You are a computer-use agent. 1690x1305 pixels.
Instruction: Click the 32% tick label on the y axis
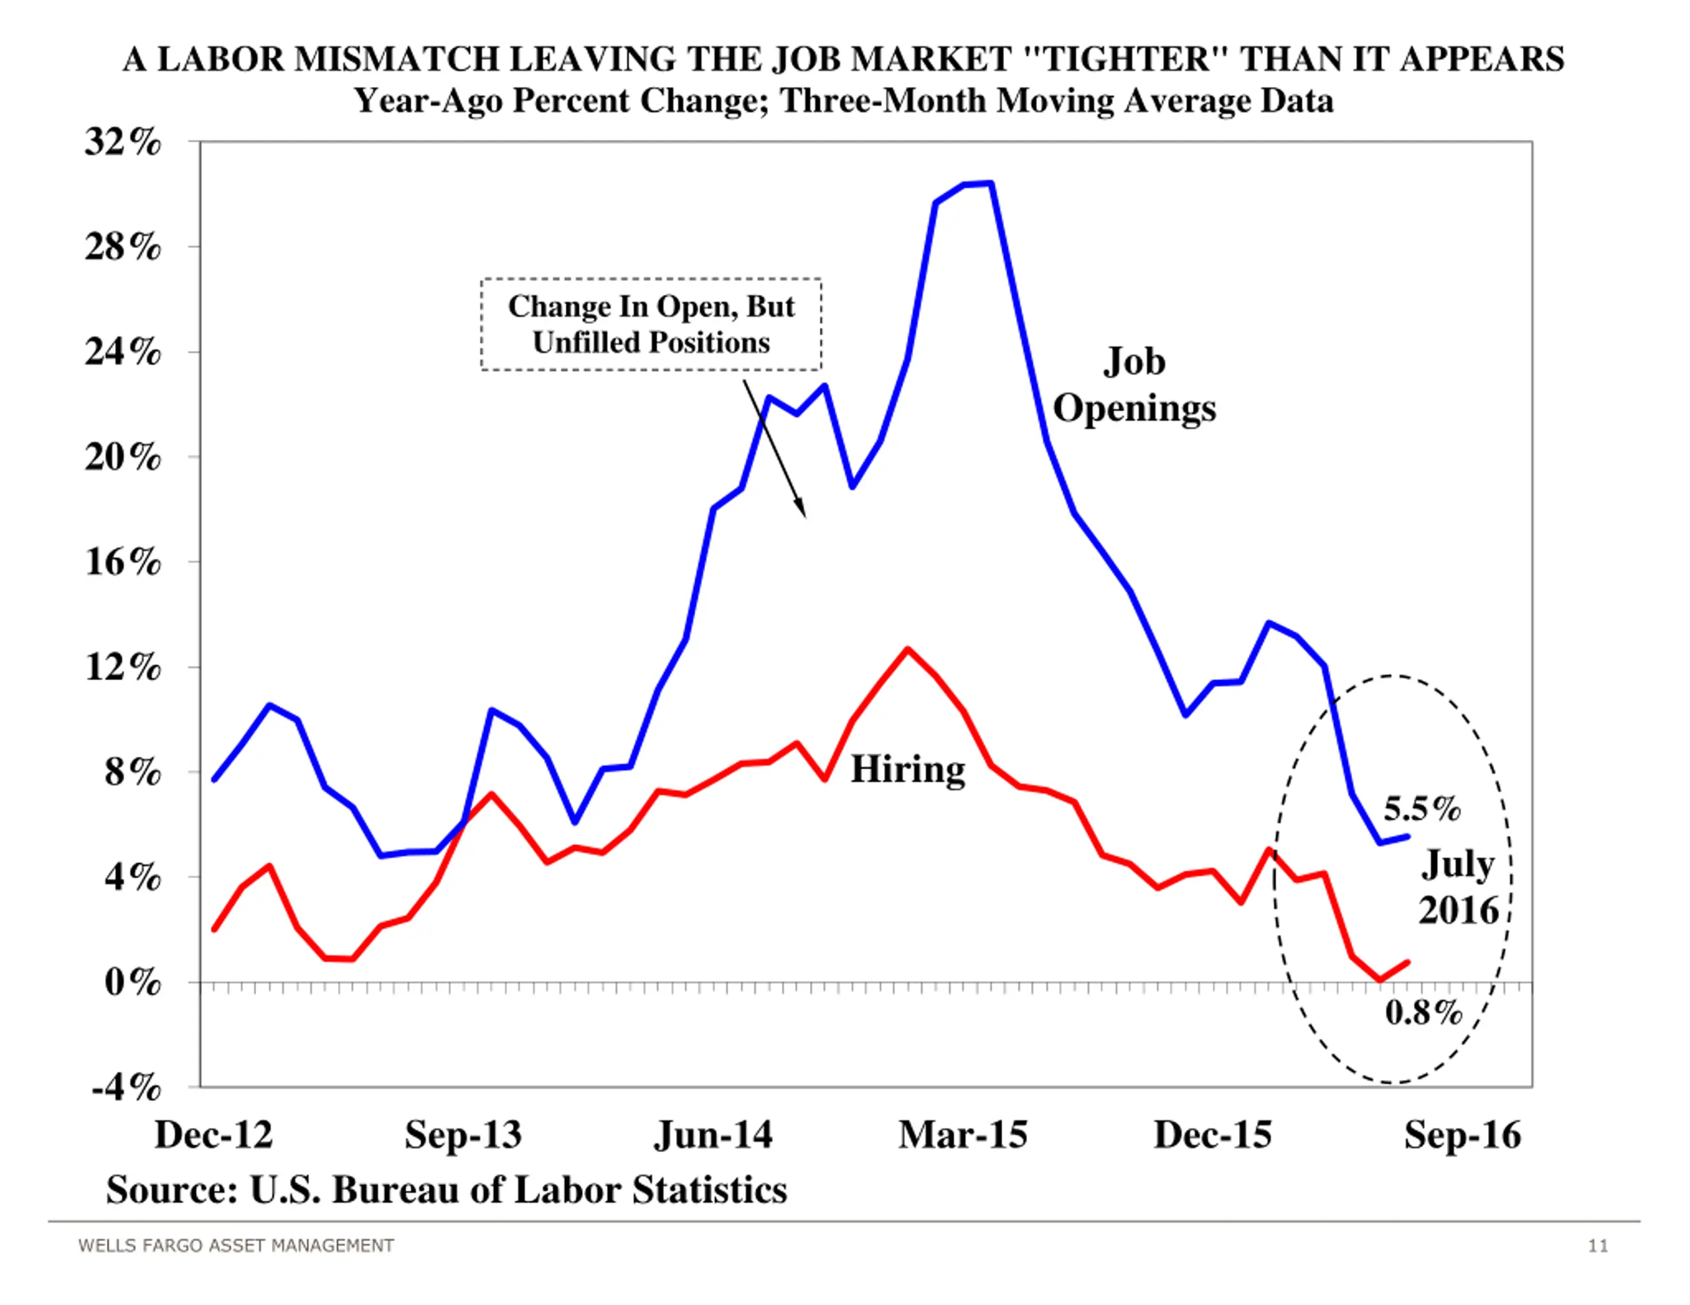123,143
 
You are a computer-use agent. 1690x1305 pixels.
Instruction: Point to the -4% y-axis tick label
126,1088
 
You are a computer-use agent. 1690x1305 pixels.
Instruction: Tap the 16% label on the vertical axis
123,561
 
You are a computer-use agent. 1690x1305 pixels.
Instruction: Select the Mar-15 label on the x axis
963,1135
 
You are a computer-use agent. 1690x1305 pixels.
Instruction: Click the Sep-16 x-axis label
1462,1135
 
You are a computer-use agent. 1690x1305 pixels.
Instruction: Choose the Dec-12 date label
214,1135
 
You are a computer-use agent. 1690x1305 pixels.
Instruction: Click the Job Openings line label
1133,385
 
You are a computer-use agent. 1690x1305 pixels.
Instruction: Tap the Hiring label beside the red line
908,769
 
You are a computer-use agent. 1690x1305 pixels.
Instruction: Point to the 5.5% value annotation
1421,809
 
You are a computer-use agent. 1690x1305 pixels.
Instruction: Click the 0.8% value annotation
1423,1013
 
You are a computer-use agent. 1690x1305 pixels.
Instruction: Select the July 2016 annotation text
1458,887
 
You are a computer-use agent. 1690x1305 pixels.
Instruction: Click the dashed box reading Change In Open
651,324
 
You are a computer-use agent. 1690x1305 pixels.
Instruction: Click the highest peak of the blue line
990,183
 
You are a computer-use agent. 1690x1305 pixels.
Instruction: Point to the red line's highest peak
908,650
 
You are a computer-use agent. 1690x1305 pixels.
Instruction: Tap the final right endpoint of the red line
1407,963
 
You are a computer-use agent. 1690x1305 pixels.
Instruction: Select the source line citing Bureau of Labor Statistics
446,1190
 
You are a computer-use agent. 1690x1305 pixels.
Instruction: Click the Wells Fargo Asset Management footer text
236,1246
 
